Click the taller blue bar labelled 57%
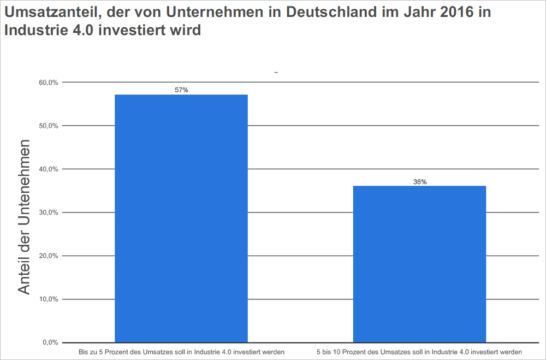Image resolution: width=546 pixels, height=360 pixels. coord(181,219)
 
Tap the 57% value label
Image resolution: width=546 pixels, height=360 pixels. coord(181,90)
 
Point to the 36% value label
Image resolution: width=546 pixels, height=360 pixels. coord(419,181)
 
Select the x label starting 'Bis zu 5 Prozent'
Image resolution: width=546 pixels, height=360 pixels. coord(181,351)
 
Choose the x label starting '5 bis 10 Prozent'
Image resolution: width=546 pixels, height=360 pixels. coord(419,351)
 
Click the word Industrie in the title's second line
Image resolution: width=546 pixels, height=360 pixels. coord(32,30)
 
